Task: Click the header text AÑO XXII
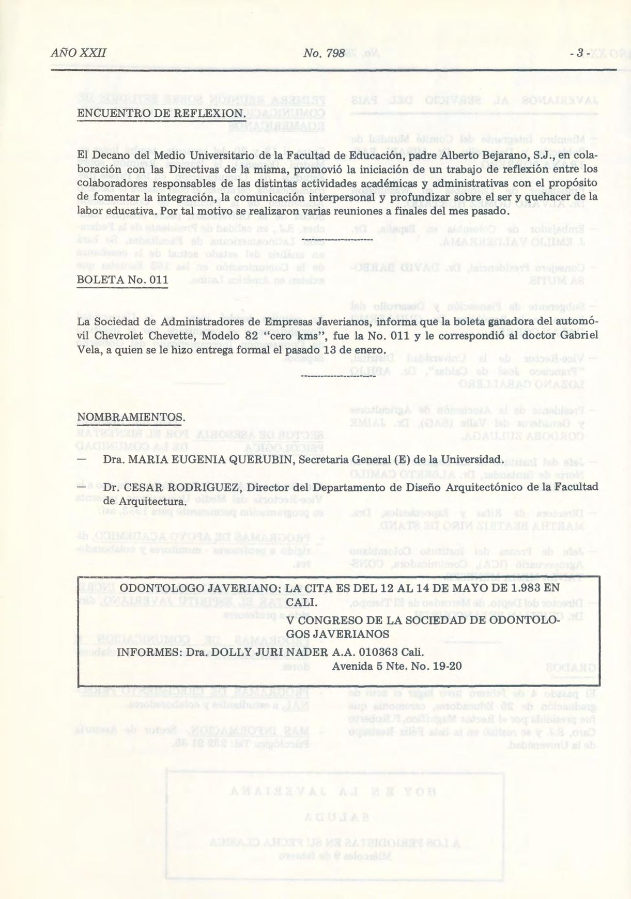pos(79,53)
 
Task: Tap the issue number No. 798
pos(324,53)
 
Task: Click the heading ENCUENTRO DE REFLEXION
pos(160,113)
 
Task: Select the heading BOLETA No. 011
pos(122,280)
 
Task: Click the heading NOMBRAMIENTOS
pos(131,417)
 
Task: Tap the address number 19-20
pos(448,666)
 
